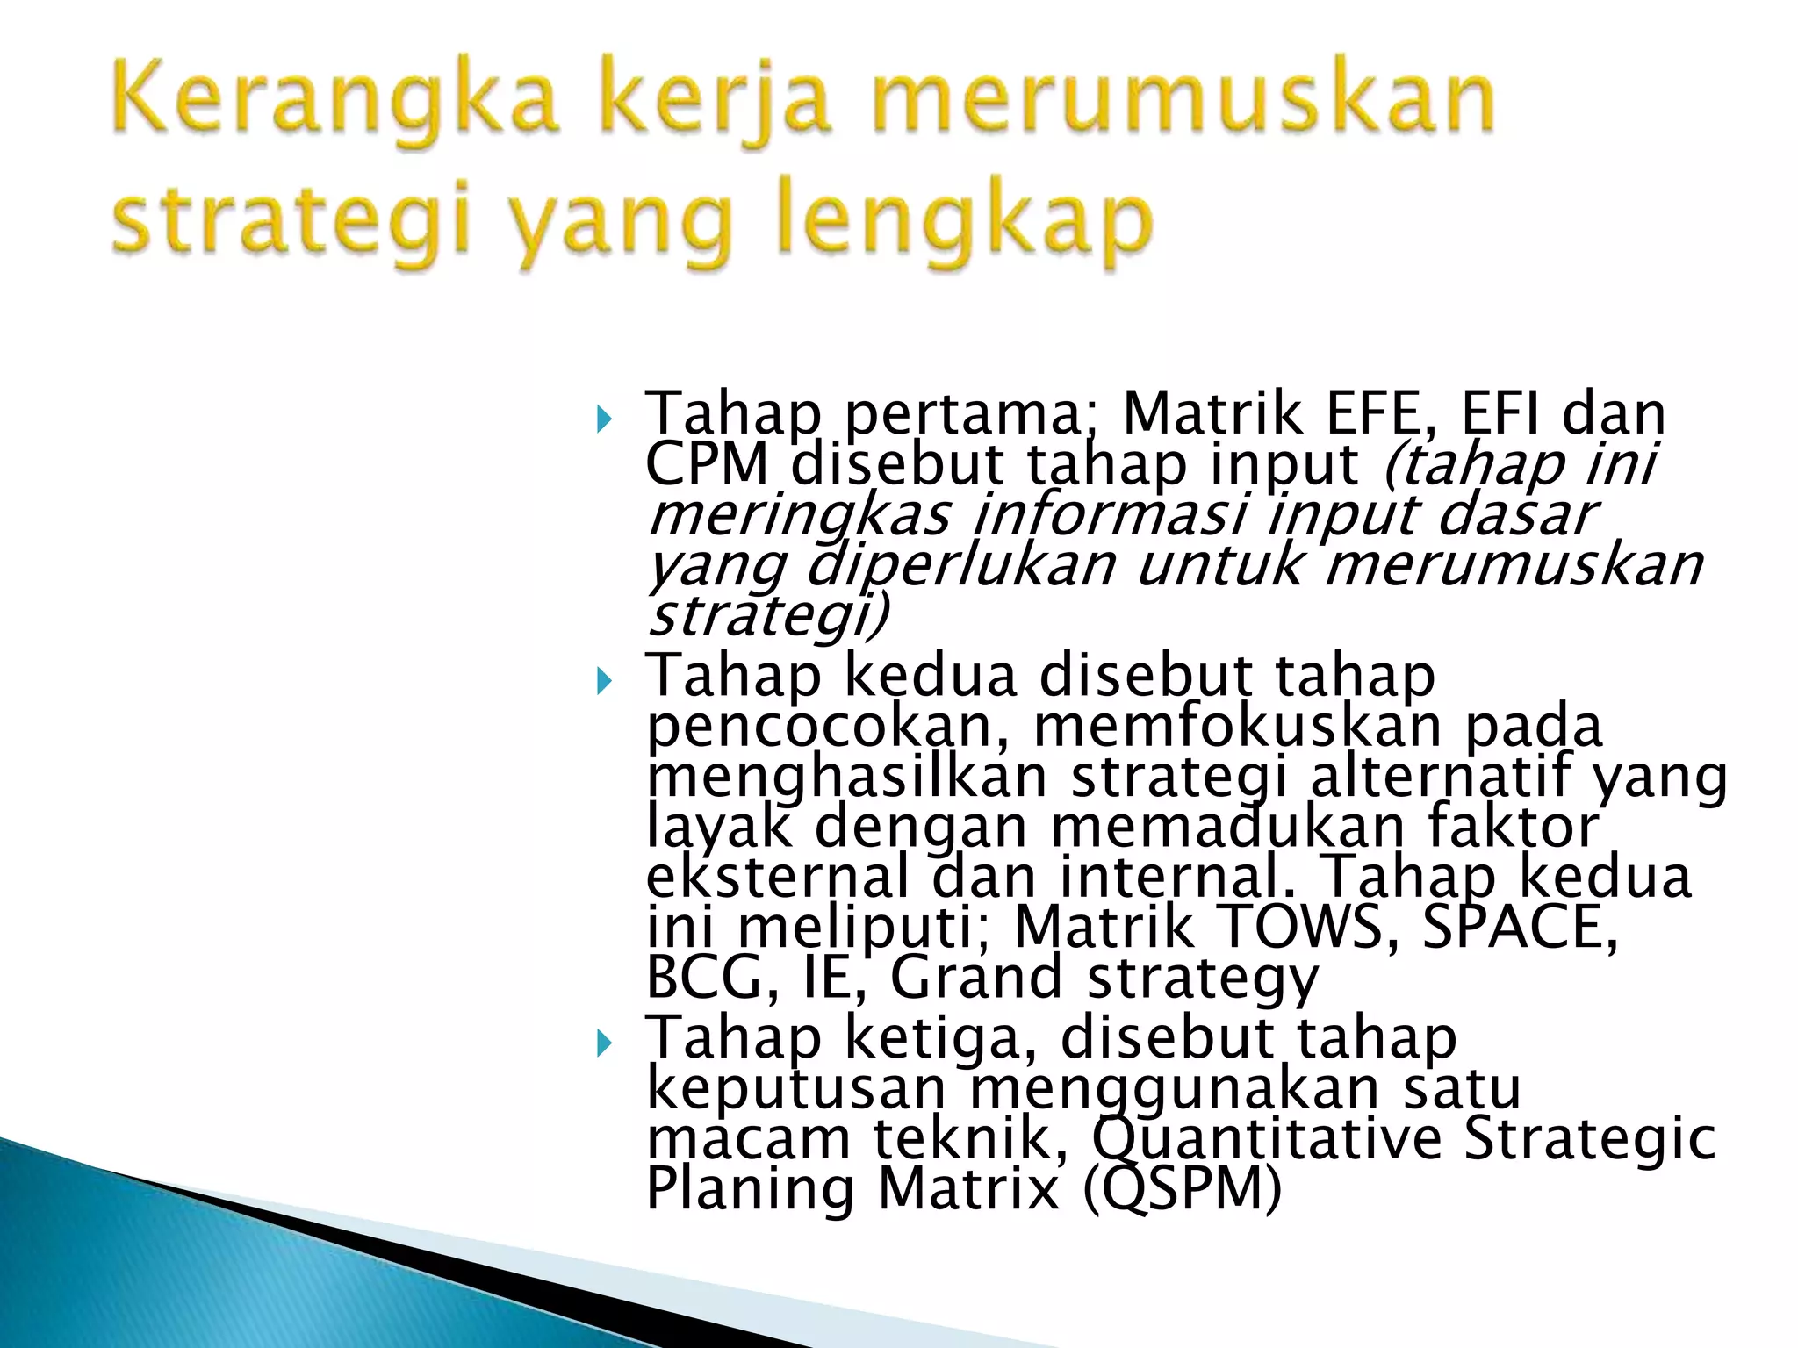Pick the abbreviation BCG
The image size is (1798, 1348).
click(x=712, y=977)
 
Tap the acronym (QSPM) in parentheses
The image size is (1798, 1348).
click(x=1182, y=1189)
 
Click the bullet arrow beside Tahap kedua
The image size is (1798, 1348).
click(x=602, y=681)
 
